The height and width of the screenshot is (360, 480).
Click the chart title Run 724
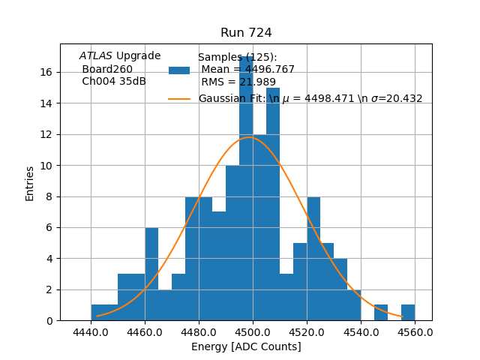pyautogui.click(x=246, y=33)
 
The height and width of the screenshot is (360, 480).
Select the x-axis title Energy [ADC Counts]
pyautogui.click(x=246, y=346)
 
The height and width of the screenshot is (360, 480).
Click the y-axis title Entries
pyautogui.click(x=30, y=183)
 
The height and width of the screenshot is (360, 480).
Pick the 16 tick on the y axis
pyautogui.click(x=46, y=72)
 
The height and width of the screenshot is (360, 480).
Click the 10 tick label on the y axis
pyautogui.click(x=46, y=165)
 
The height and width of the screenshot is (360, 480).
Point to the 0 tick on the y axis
pyautogui.click(x=49, y=320)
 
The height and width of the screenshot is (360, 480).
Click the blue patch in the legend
pyautogui.click(x=179, y=70)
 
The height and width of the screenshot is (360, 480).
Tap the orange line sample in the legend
pyautogui.click(x=179, y=98)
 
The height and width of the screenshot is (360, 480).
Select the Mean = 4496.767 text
pyautogui.click(x=247, y=70)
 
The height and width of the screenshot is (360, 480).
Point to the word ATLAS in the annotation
pyautogui.click(x=96, y=55)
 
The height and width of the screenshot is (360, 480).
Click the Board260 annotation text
pyautogui.click(x=107, y=69)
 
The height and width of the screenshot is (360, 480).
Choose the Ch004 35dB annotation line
pyautogui.click(x=114, y=81)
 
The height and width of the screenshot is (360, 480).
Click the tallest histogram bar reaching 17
pyautogui.click(x=246, y=187)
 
